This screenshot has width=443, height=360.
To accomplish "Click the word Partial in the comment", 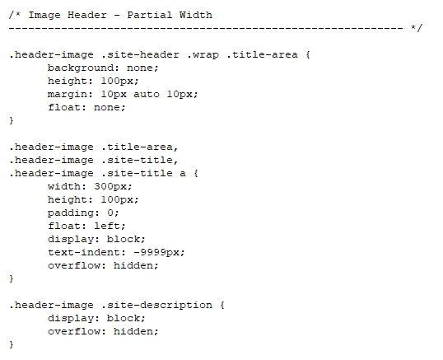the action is click(x=150, y=15).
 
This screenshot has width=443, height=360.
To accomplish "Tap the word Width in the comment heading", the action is click(x=195, y=15).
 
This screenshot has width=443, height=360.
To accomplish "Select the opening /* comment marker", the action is click(x=15, y=15).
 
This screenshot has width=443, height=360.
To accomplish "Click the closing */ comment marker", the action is click(x=417, y=28).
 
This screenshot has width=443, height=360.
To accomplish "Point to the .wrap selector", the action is click(x=203, y=54).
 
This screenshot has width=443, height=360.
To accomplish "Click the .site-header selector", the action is click(x=140, y=54).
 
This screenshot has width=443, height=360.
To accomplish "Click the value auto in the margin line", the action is click(x=147, y=94).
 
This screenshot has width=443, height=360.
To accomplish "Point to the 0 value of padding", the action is click(x=110, y=213).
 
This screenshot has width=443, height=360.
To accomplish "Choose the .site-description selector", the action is click(x=156, y=305).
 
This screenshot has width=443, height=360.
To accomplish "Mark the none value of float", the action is click(x=107, y=107).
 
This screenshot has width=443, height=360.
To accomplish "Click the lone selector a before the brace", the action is click(x=183, y=173).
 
